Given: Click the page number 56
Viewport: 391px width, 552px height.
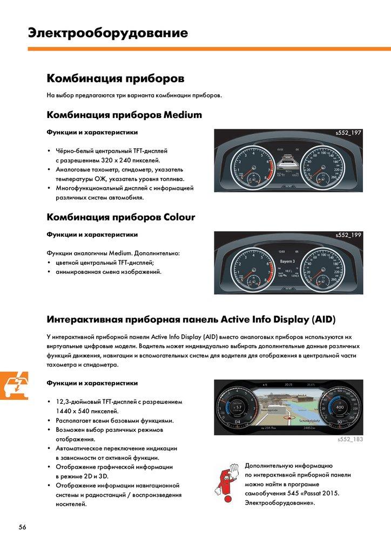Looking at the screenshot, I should click(x=22, y=527).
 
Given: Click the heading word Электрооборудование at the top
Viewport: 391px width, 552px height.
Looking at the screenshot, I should click(x=108, y=33).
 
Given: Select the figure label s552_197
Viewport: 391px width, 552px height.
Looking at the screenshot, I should click(x=348, y=133).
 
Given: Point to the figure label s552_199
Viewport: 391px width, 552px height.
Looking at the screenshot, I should click(x=348, y=235).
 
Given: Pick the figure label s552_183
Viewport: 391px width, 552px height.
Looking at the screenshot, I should click(x=350, y=440).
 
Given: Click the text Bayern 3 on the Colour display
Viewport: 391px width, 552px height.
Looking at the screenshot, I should click(x=287, y=261).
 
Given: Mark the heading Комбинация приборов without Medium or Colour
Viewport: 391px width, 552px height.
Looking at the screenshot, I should click(x=116, y=79).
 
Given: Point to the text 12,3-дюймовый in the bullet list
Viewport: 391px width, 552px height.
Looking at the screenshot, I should click(x=82, y=402).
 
